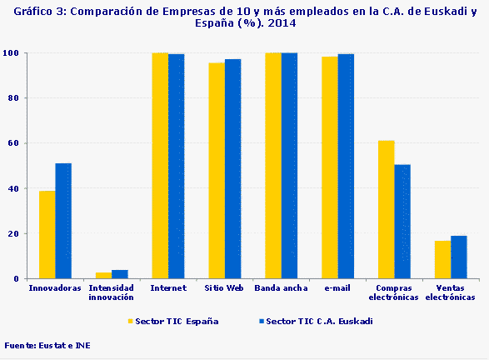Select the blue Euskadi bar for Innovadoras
coord(63,221)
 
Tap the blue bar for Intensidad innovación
coord(120,274)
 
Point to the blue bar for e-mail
coord(346,166)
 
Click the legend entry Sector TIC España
coord(174,321)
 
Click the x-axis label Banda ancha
coord(281,288)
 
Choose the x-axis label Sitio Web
coord(224,288)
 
